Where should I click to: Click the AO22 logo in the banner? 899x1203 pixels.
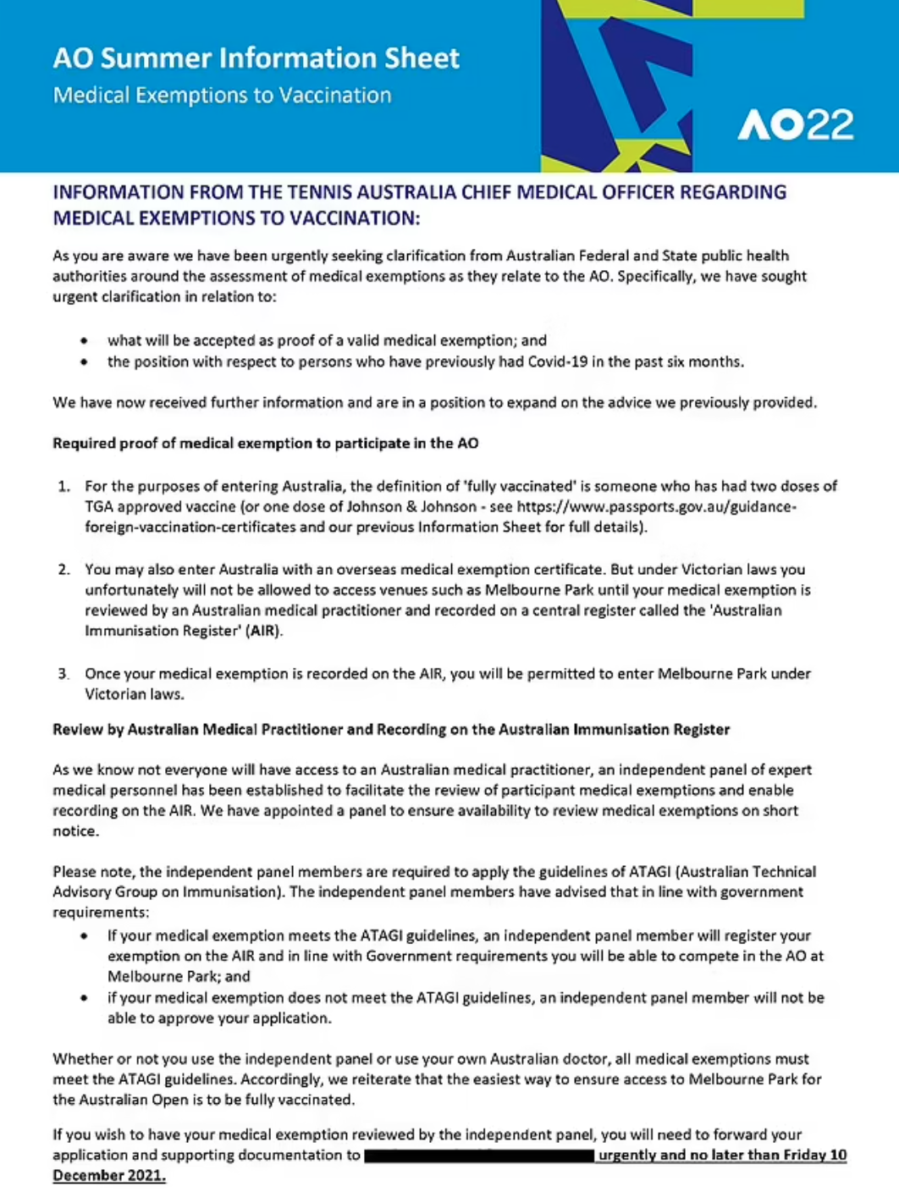click(795, 125)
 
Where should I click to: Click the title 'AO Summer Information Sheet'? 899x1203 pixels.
click(256, 58)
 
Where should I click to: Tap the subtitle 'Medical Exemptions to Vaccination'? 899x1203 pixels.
click(222, 95)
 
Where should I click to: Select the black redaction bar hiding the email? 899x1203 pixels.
click(479, 1155)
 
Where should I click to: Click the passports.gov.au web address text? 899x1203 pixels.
click(656, 506)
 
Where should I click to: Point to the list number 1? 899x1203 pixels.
click(63, 486)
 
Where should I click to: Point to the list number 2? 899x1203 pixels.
click(63, 569)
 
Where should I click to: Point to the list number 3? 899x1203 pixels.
click(63, 674)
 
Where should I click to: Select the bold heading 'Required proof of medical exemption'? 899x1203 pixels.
click(265, 443)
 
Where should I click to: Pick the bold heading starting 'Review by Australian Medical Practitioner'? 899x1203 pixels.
click(390, 729)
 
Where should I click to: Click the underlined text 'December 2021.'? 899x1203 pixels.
click(109, 1176)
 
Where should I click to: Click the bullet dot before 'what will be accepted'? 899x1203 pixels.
click(84, 341)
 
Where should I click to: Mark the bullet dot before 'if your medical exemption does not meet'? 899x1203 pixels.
click(84, 998)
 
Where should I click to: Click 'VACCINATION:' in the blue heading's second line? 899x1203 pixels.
click(355, 218)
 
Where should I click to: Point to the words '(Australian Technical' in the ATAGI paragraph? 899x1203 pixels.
click(746, 871)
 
